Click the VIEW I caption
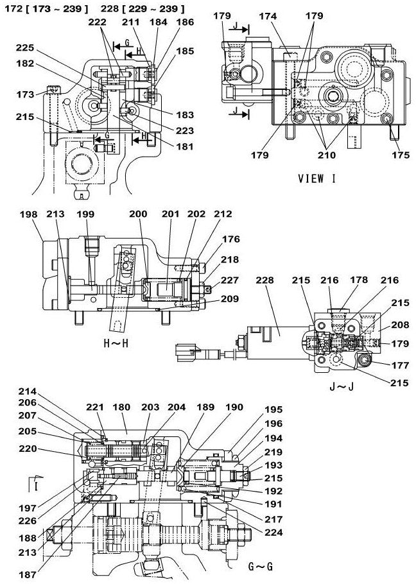click(x=316, y=179)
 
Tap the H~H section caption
click(x=116, y=343)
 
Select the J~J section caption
click(x=342, y=386)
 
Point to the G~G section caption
click(x=261, y=567)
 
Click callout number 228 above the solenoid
click(x=264, y=280)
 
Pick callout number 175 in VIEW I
click(x=401, y=155)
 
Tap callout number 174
click(x=268, y=16)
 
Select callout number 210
click(x=327, y=155)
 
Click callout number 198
click(x=29, y=214)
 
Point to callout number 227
click(x=230, y=280)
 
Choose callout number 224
click(x=273, y=533)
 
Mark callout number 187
click(x=28, y=574)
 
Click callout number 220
click(x=28, y=449)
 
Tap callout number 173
click(x=25, y=94)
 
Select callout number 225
click(x=25, y=47)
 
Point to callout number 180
click(x=121, y=407)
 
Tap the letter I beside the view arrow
click(x=36, y=487)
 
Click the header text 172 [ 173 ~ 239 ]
click(x=47, y=9)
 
